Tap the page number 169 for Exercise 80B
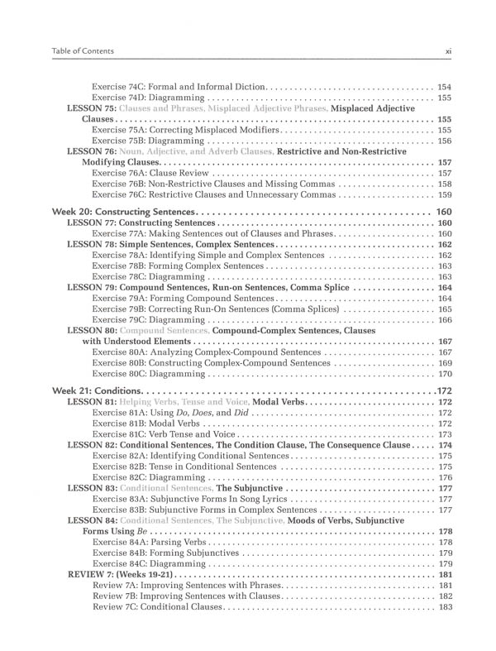(444, 362)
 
